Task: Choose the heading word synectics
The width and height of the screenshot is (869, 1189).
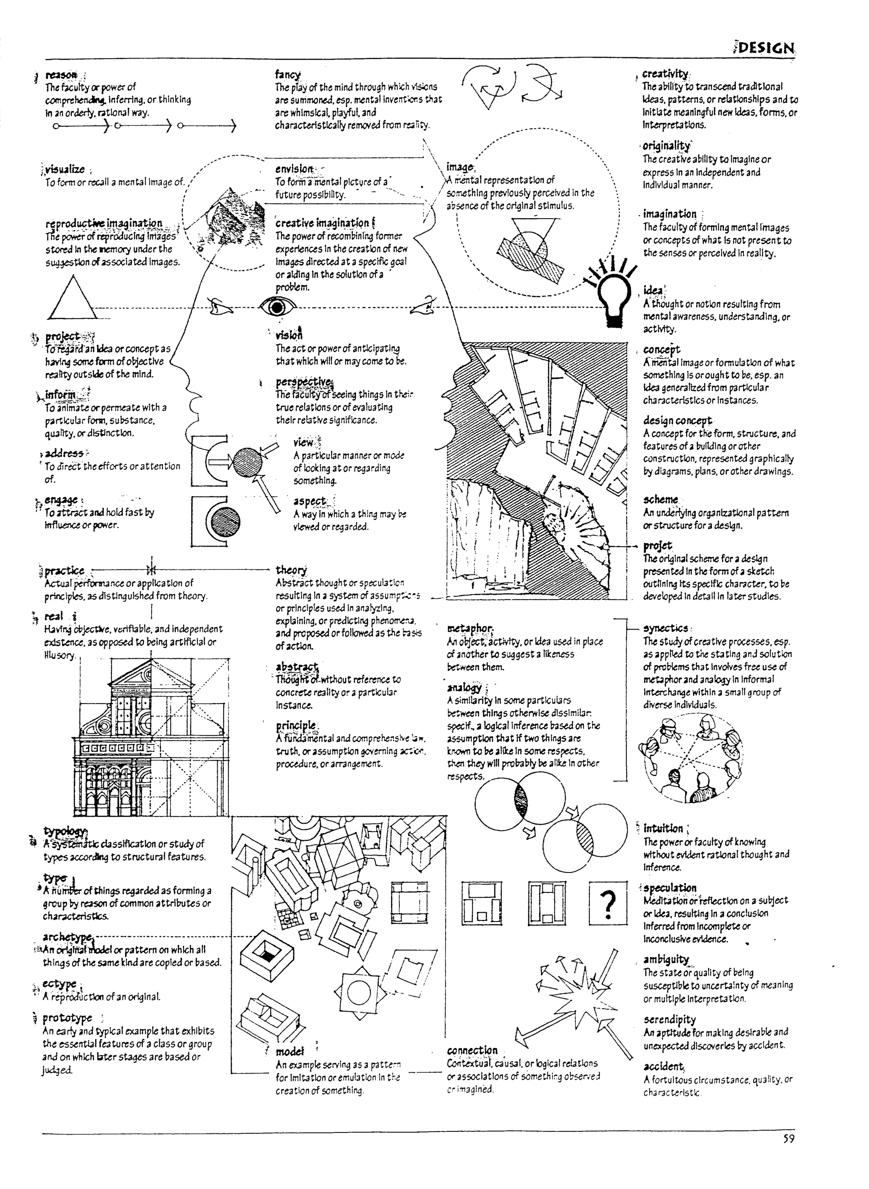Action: (x=665, y=628)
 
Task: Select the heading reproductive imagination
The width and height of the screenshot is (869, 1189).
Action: (x=104, y=223)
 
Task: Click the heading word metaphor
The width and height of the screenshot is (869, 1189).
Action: (x=469, y=628)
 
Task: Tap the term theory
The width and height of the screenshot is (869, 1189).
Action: (x=291, y=570)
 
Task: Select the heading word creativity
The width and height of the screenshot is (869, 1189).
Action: (x=665, y=74)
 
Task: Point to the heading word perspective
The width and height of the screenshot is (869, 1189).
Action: (x=303, y=381)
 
